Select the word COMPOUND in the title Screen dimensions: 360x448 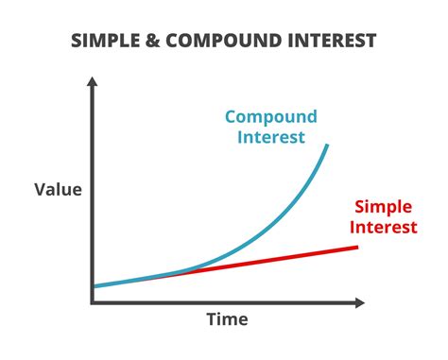click(x=219, y=41)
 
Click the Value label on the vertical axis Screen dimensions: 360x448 click(x=59, y=190)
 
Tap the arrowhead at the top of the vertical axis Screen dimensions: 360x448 click(x=92, y=83)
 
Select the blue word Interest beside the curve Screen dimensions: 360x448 click(x=271, y=138)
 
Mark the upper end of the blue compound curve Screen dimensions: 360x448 click(x=328, y=145)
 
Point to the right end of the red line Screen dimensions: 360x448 click(x=358, y=248)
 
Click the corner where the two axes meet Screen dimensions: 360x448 click(x=93, y=302)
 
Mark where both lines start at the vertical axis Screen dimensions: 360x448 click(x=95, y=285)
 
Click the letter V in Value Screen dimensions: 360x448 click(x=41, y=190)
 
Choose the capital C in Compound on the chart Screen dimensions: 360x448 click(x=231, y=118)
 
